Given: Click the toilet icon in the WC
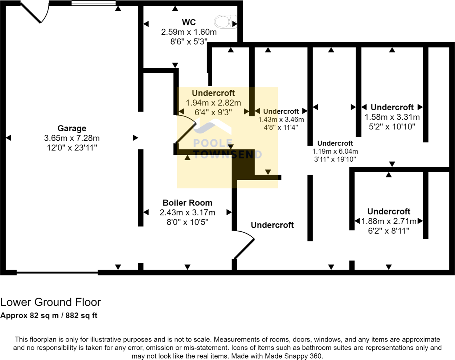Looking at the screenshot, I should pos(225,22).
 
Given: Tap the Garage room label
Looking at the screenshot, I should pos(72,128).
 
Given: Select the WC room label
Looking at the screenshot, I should pos(189,22).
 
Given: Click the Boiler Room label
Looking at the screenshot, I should pos(187,203).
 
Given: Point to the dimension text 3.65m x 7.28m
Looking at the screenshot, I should pos(72,138).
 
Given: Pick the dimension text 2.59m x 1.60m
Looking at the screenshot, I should pos(189,32).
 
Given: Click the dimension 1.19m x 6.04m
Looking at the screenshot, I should pos(335,152).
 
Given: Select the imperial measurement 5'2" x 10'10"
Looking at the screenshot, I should pos(392,127).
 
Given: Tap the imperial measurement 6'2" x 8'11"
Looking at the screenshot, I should pos(389,231).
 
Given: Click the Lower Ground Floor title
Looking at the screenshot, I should pos(50,302).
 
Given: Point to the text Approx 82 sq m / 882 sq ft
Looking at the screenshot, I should pos(49,315).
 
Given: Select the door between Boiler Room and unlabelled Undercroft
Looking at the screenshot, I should pos(244,246).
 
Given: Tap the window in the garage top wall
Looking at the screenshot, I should pos(93,3).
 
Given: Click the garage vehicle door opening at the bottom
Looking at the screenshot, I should pos(57,272).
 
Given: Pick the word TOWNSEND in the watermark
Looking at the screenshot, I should pos(227,155).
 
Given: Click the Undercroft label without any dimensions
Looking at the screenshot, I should pos(272,225).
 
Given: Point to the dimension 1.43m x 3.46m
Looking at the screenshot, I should pos(281,120).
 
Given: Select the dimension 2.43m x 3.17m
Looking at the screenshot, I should pos(187,213).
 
